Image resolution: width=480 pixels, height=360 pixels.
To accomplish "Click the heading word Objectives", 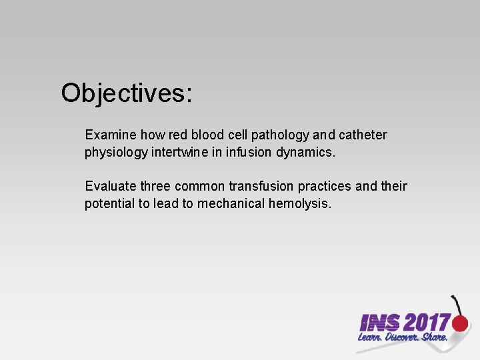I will click(x=126, y=93).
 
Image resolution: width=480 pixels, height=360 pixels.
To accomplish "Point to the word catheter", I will click(x=363, y=135).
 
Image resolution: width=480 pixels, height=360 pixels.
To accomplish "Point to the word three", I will click(x=156, y=186).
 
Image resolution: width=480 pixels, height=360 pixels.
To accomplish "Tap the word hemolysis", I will click(x=299, y=203).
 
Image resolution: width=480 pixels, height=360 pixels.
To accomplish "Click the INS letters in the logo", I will click(x=379, y=323).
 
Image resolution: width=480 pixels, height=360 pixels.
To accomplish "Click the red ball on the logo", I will click(x=460, y=324).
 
